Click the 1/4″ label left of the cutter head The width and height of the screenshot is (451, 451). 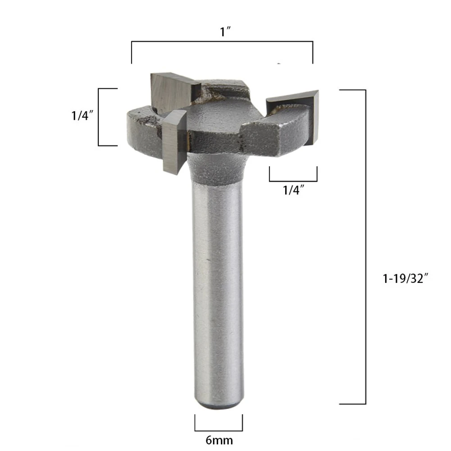tap(82, 116)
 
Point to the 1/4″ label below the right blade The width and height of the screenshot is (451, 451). tap(293, 190)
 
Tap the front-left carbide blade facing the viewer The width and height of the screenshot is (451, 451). tap(172, 142)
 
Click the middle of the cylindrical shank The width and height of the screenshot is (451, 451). tap(218, 288)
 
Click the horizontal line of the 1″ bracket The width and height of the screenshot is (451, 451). tap(222, 42)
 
